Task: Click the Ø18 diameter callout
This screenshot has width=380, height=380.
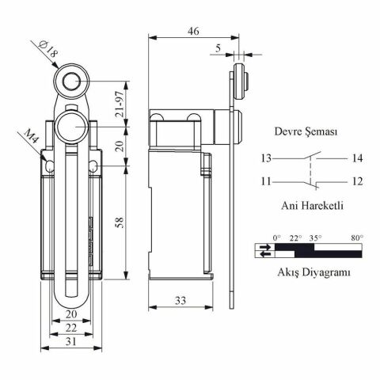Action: [48, 50]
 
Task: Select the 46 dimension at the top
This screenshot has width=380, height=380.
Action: [193, 31]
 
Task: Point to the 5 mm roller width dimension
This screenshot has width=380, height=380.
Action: [218, 48]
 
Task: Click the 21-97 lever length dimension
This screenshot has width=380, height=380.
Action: [120, 104]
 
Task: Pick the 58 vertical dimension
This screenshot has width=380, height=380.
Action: [120, 222]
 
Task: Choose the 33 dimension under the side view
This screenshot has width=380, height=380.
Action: [180, 301]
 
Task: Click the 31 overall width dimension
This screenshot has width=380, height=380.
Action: [71, 341]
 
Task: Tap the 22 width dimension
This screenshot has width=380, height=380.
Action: [71, 328]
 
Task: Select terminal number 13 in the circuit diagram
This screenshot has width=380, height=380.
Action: [266, 158]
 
